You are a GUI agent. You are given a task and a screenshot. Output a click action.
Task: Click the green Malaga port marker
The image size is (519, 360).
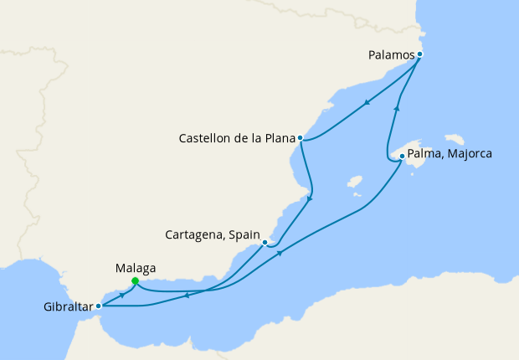[135, 280]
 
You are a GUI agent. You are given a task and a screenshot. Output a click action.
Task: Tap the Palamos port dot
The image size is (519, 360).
[419, 54]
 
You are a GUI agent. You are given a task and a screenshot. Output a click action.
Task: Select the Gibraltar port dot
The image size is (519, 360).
[99, 306]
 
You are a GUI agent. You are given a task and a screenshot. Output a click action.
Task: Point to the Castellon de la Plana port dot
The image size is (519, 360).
[300, 138]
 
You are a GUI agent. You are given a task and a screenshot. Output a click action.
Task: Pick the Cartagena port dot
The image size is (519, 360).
[265, 243]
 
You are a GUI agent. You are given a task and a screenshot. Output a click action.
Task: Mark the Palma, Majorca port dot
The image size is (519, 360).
[402, 156]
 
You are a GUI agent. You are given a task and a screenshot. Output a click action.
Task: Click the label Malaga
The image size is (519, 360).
[135, 268]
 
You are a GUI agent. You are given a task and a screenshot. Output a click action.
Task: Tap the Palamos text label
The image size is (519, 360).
[391, 55]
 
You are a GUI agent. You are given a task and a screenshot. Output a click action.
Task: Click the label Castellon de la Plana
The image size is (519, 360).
[236, 138]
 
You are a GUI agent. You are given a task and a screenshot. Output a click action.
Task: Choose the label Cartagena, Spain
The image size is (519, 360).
[214, 234]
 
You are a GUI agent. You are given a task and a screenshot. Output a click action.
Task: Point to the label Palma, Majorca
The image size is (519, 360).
[450, 155]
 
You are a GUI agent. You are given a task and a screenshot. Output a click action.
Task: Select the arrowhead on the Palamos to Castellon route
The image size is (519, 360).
[367, 104]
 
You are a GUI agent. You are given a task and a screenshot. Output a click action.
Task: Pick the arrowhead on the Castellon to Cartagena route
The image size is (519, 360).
[310, 199]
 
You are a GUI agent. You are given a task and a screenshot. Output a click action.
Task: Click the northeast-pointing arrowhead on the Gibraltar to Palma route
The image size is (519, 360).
[280, 253]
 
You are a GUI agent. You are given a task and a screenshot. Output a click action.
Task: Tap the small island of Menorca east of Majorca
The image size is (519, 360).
[455, 138]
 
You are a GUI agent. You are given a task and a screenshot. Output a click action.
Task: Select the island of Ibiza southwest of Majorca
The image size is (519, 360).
[354, 181]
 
